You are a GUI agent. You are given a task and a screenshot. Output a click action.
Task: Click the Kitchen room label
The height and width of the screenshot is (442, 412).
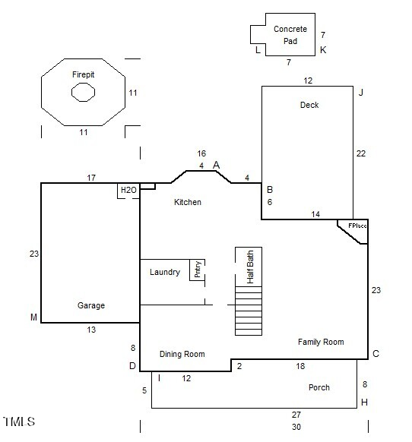[188, 202]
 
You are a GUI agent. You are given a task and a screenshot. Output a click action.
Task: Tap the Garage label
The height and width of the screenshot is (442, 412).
[91, 305]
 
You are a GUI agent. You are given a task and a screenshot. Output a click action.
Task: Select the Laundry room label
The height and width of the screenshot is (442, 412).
[164, 272]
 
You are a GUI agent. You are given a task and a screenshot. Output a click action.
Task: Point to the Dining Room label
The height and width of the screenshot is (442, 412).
[182, 354]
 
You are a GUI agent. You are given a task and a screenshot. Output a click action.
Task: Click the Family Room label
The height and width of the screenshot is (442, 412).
[320, 342]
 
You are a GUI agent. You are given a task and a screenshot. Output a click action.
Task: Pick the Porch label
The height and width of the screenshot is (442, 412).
[319, 387]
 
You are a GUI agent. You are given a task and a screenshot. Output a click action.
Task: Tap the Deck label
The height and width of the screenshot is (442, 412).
[309, 105]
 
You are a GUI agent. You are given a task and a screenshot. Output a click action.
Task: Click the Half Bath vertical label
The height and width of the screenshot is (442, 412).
[249, 267]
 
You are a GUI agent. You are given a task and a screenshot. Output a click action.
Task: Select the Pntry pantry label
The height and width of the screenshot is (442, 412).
[197, 270]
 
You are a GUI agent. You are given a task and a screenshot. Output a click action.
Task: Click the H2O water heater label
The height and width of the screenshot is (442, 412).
[128, 189]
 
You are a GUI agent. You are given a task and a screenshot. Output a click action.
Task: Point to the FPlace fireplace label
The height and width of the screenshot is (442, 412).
[357, 226]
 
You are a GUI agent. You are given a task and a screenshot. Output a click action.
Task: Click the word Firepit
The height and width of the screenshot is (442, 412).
[83, 74]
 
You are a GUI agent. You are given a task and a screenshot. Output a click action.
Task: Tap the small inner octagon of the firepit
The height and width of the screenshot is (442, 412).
[83, 93]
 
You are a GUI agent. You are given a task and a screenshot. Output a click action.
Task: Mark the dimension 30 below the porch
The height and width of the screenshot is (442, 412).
[296, 427]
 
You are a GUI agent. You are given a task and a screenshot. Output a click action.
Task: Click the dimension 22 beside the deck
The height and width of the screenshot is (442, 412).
[361, 153]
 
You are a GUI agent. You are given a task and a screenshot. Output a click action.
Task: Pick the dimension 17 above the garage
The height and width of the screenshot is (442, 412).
[91, 178]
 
